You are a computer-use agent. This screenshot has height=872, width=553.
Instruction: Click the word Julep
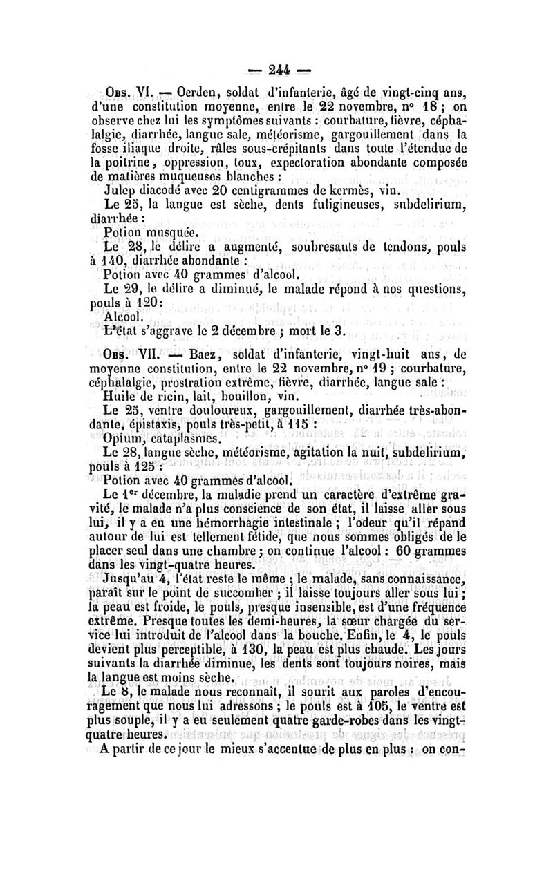120,188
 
